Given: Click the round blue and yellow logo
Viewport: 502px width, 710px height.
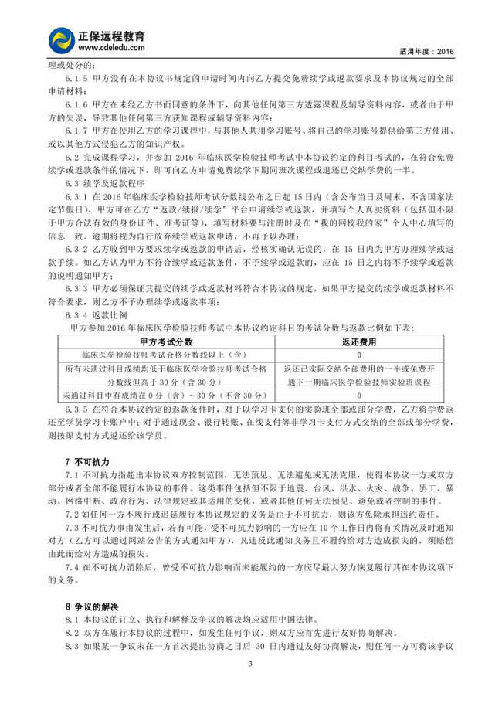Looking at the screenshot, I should pos(62,41).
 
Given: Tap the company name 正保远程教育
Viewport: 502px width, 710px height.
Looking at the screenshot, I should pos(117,36).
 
